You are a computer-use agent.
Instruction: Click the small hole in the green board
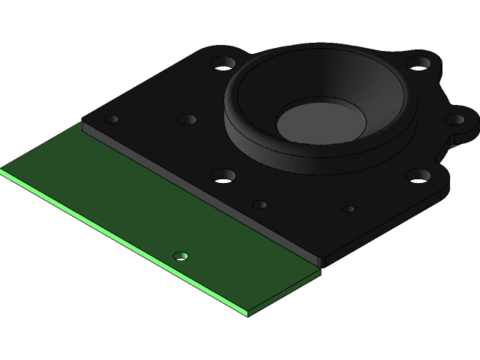click(x=181, y=256)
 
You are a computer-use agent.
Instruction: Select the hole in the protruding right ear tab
click(x=455, y=118)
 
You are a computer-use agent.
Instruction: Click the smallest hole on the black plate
click(x=348, y=208)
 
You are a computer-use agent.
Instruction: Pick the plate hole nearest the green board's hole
click(x=259, y=205)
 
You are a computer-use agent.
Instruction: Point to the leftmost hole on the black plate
click(x=111, y=119)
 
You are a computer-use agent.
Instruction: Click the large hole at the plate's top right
click(x=416, y=64)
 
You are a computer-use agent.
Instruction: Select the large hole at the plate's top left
click(x=223, y=62)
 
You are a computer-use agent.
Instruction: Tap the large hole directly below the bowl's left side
click(x=223, y=176)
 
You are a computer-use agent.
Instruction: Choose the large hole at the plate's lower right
click(x=418, y=176)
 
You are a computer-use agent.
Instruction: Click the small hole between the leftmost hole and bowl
click(x=187, y=119)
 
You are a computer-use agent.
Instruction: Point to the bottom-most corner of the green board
click(x=248, y=314)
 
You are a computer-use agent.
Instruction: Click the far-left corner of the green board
click(x=2, y=171)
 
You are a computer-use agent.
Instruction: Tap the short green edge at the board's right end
click(x=285, y=293)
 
